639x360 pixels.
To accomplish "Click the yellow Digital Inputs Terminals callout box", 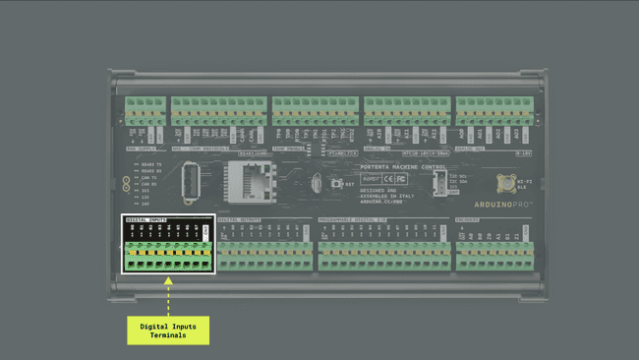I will [x=168, y=330].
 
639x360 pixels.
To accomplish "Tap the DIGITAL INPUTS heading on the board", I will [x=145, y=219].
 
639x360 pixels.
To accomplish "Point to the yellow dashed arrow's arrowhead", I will [x=168, y=280].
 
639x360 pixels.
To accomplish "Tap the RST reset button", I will [x=336, y=183].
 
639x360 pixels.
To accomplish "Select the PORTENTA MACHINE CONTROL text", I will [x=389, y=168].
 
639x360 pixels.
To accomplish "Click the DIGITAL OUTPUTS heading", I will [x=241, y=218].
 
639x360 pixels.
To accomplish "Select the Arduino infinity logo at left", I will [x=126, y=183].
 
